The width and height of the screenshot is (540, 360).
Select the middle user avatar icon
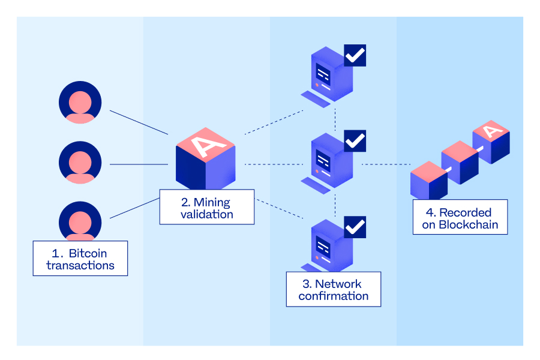point(80,162)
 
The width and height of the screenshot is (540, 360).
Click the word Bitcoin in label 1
point(88,253)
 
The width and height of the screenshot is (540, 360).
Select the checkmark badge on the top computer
point(355,55)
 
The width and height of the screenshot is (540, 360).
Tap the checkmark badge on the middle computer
point(355,141)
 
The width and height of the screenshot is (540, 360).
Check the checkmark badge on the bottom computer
point(355,227)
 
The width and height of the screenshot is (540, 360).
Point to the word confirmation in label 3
point(334,296)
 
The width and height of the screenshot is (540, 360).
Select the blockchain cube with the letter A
point(491,140)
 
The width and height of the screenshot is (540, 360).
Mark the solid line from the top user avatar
point(139,122)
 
